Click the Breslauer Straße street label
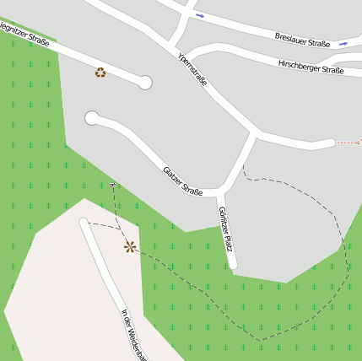pos(301,40)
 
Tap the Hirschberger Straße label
pos(311,67)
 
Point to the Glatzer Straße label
pos(182,180)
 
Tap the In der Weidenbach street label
pos(132,334)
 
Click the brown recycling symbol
pos(100,73)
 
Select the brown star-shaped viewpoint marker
pos(129,246)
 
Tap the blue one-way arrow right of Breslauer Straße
pos(343,42)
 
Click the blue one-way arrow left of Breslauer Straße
pos(200,15)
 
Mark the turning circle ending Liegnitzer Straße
pos(144,82)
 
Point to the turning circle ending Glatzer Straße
pos(92,118)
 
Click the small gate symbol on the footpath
pos(112,184)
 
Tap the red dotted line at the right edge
pos(348,143)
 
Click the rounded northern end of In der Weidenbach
pos(84,223)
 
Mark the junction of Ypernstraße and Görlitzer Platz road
pos(255,133)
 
